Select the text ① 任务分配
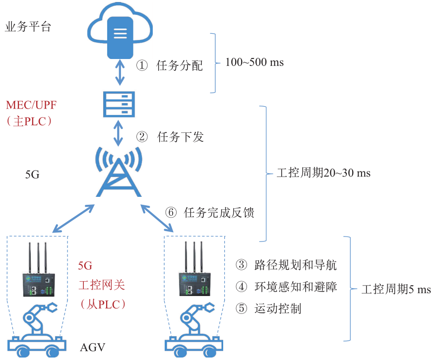[170, 66]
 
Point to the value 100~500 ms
[254, 63]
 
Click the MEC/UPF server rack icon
[119, 104]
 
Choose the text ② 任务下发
[170, 137]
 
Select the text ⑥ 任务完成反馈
[210, 213]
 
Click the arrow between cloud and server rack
[119, 73]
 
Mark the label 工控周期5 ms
[396, 289]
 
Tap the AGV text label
[93, 347]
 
